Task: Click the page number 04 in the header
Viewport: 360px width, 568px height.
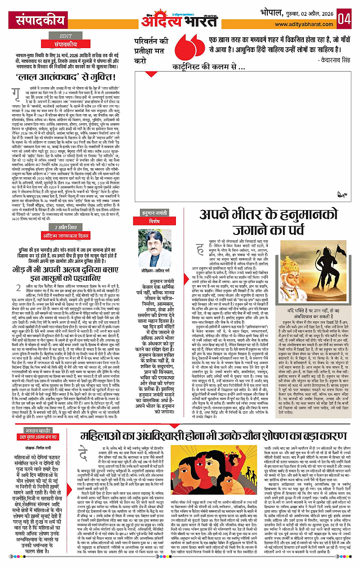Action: pos(346,19)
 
